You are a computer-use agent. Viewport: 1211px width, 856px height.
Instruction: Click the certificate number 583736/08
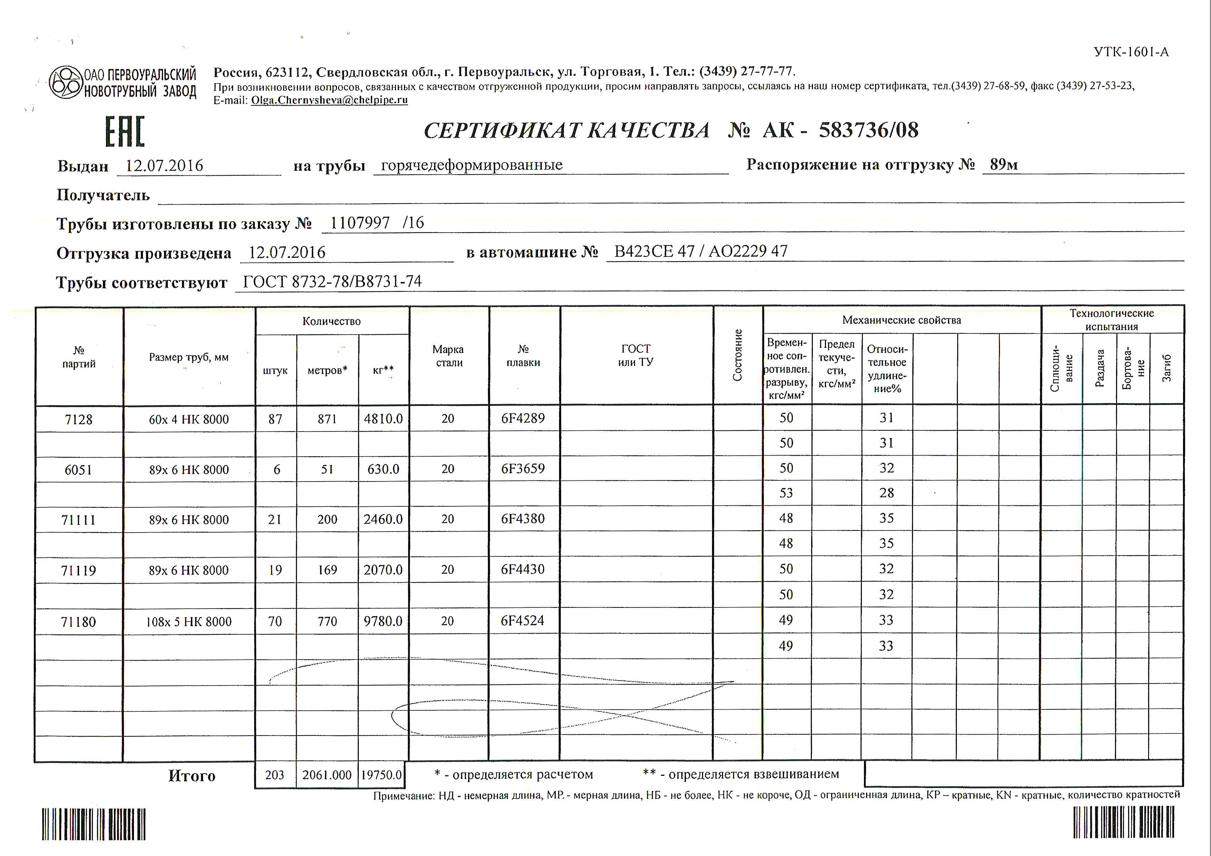[868, 130]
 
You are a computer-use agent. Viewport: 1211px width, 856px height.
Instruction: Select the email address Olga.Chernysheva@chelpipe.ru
[329, 100]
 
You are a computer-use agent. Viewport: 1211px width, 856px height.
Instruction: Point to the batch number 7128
[79, 420]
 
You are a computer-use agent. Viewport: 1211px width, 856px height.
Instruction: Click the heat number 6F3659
[523, 469]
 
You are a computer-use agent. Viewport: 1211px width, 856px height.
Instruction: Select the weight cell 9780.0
[383, 621]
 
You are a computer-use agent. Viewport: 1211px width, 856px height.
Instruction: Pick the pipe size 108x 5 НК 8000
[189, 622]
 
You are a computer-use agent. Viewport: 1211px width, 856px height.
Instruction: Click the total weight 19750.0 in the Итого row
[381, 775]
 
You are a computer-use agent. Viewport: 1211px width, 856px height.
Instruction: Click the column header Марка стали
[448, 356]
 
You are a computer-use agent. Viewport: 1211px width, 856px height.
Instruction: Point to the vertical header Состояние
[737, 355]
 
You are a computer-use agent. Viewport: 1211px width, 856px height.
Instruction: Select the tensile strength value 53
[786, 493]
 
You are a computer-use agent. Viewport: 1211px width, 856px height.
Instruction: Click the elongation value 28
[887, 493]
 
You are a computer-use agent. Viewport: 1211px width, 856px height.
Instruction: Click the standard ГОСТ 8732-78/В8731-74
[332, 282]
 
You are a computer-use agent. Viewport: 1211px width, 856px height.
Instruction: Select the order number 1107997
[360, 223]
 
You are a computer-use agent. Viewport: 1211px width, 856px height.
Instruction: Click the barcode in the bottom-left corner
[94, 824]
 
